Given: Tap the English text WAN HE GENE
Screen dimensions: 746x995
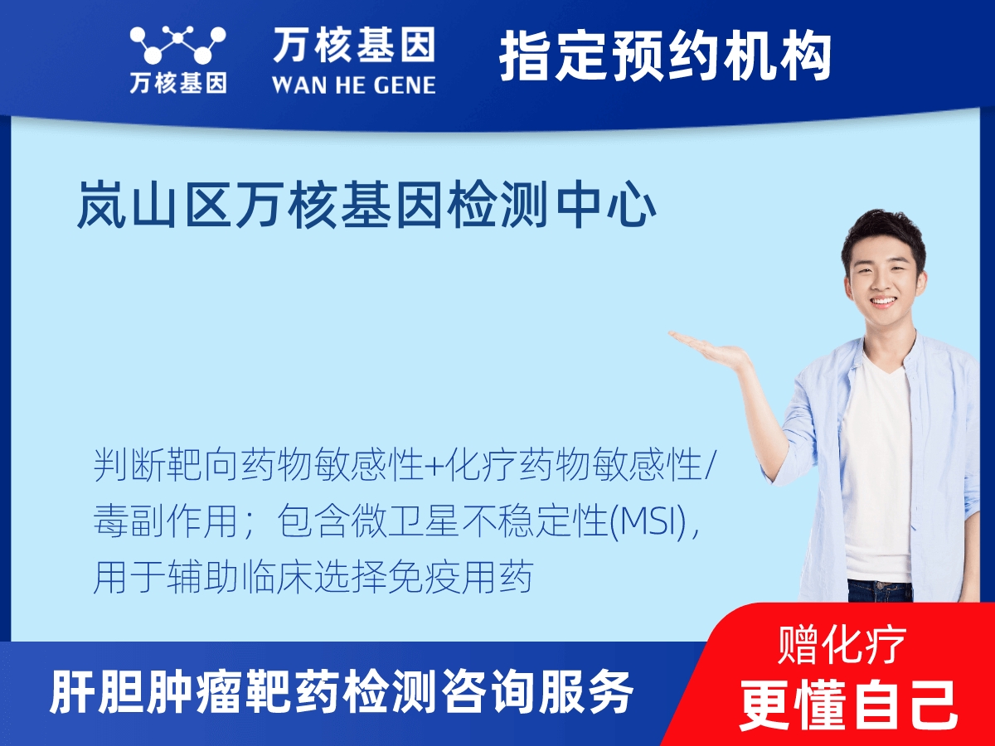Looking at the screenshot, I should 353,85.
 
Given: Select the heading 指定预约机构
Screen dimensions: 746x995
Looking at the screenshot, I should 665,56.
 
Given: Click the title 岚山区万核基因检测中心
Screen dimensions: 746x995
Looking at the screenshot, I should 366,206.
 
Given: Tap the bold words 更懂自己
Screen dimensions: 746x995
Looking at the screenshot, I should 848,705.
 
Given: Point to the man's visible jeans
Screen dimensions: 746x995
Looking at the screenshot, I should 879,590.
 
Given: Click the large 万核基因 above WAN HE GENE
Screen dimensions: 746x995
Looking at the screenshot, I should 353,46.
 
